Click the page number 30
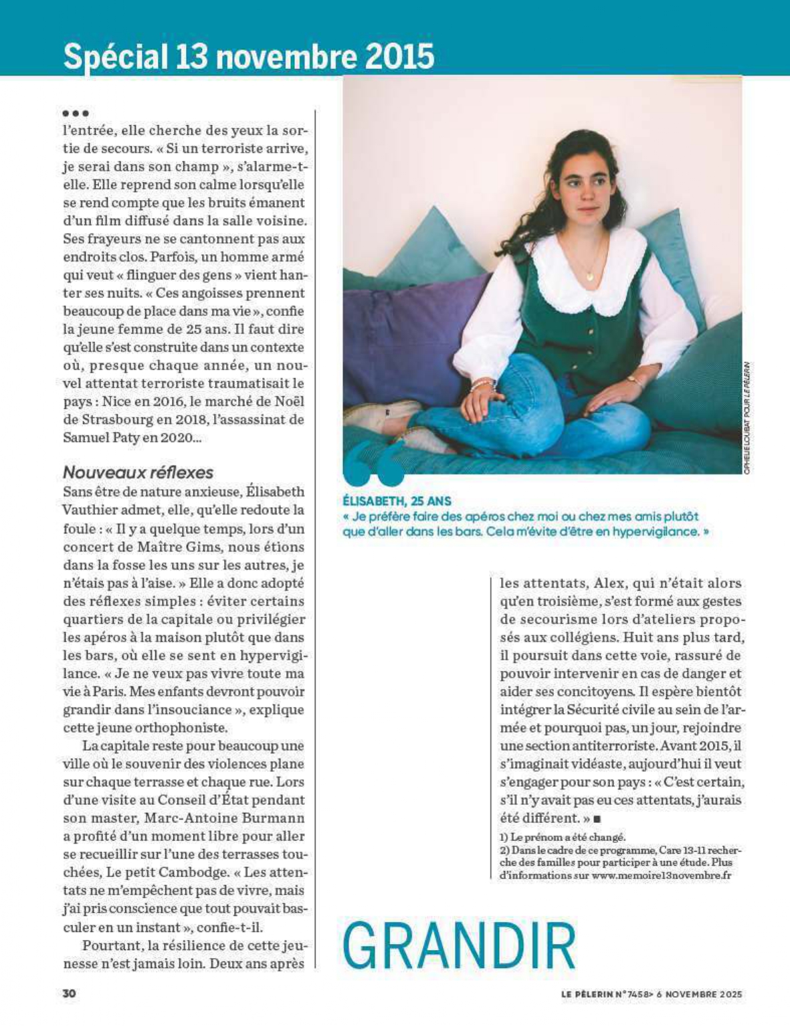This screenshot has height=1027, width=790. point(70,994)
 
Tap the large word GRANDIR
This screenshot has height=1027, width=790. point(459,946)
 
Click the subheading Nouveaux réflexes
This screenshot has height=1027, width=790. point(138,472)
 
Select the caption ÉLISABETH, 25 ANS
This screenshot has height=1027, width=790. point(397,500)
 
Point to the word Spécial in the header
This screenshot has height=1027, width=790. point(114,56)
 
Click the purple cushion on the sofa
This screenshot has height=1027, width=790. point(401,335)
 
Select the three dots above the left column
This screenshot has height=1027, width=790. point(76,113)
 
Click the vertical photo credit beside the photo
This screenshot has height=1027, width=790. point(747,418)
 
